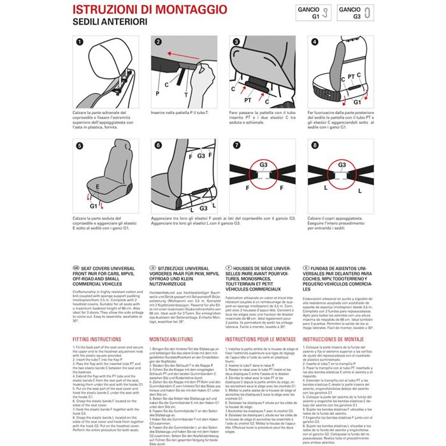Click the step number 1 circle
79,42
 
